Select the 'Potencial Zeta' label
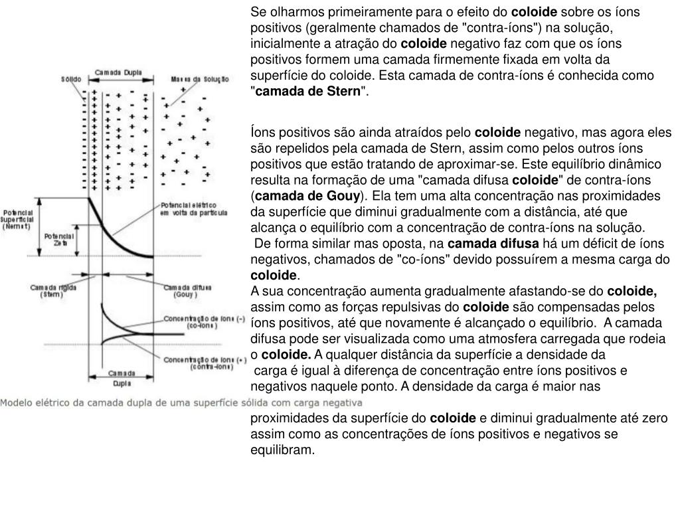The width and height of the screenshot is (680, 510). point(58,239)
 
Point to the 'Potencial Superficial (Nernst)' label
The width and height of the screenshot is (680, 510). point(16,216)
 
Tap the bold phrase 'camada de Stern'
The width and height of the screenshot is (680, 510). point(307,91)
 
